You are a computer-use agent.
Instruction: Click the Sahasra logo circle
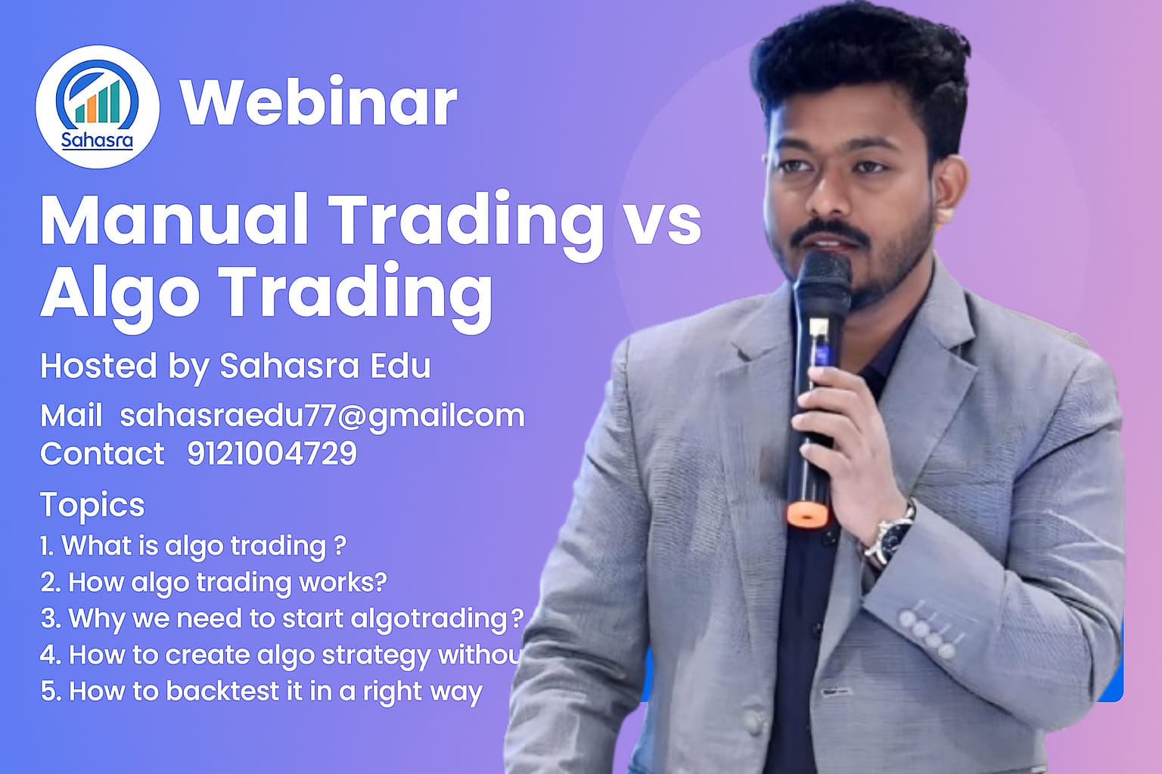pos(97,107)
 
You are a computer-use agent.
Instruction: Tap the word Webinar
pos(318,102)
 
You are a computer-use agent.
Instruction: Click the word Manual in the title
pos(175,220)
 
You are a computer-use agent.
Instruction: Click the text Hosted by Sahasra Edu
pos(235,366)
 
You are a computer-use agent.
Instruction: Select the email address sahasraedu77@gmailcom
pos(322,416)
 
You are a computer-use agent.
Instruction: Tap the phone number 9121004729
pos(272,454)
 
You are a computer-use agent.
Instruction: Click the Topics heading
pos(92,505)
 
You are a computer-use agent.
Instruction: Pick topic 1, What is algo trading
pos(194,546)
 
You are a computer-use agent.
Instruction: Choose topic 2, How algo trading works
pos(213,582)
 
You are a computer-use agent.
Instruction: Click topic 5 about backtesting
pos(261,691)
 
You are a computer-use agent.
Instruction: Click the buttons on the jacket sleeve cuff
pos(927,631)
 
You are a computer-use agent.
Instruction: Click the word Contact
pos(102,454)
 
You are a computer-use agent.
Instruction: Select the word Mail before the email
pos(71,416)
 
